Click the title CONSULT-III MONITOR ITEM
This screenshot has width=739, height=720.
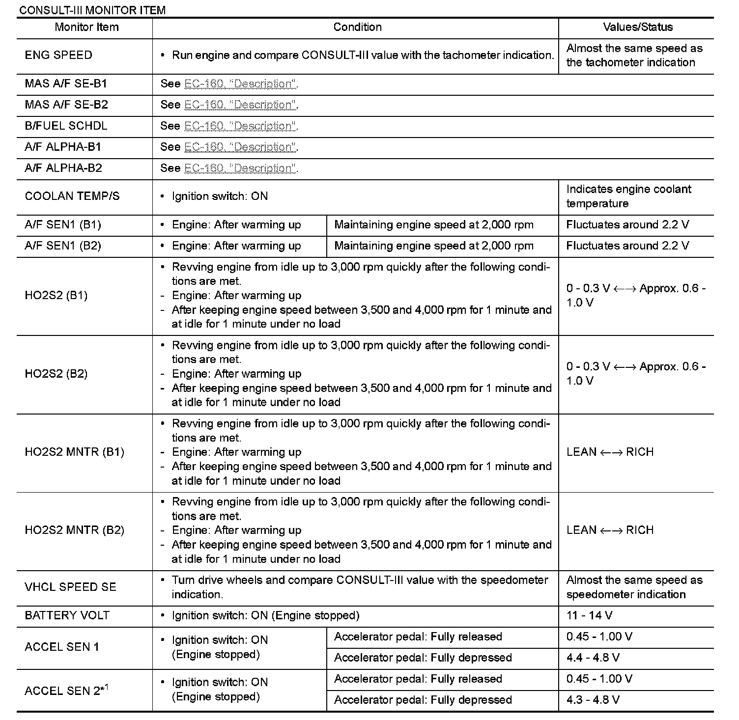(91, 10)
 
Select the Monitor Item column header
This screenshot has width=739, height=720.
(86, 28)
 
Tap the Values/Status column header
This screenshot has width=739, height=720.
(638, 28)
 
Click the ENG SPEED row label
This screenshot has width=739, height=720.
(58, 55)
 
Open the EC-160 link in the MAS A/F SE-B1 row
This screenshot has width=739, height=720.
(240, 84)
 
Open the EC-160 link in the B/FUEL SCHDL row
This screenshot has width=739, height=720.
(240, 126)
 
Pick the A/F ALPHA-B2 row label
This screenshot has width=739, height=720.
(63, 168)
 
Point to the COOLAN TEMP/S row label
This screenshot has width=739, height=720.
(72, 196)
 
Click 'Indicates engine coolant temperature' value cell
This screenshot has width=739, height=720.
(628, 196)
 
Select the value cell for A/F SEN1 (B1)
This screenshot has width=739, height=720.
(627, 225)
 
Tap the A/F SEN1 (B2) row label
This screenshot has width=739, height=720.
(63, 246)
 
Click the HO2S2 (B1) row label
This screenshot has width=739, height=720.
(56, 296)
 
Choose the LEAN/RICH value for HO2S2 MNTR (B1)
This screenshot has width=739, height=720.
(610, 452)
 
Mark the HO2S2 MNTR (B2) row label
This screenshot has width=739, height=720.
(74, 530)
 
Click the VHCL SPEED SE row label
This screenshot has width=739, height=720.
(70, 587)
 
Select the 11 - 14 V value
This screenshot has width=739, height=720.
(589, 616)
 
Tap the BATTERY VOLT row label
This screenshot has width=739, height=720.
(67, 616)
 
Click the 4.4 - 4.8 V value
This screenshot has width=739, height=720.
(593, 658)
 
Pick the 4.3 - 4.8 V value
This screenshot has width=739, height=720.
(593, 700)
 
